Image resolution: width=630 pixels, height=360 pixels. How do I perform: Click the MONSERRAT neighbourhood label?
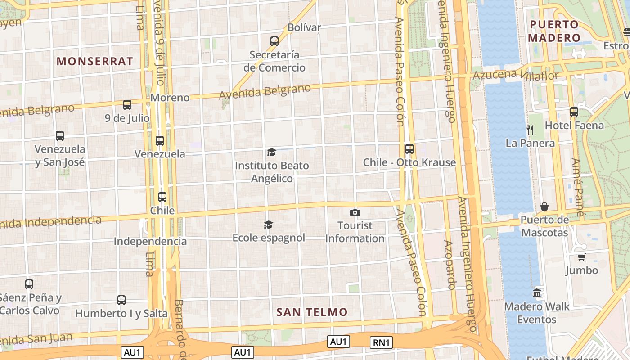click(x=95, y=61)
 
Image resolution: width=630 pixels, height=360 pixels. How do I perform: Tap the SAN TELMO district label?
click(x=312, y=312)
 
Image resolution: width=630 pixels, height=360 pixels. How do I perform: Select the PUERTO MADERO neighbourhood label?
click(x=554, y=31)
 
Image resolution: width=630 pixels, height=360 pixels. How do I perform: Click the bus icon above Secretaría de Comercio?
click(x=274, y=41)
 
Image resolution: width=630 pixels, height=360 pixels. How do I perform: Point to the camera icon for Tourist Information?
click(x=355, y=212)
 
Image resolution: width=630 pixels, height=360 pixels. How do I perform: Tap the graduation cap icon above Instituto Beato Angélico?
click(x=271, y=153)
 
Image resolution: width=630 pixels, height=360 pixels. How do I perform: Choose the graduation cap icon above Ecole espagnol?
click(x=268, y=225)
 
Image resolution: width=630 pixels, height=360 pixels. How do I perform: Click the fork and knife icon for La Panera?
click(x=530, y=130)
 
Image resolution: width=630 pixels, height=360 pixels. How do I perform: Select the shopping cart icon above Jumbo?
click(x=581, y=257)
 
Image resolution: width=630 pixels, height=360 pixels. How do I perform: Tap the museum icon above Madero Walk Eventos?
click(x=537, y=293)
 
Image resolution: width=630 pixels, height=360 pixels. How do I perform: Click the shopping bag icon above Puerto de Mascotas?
click(x=544, y=207)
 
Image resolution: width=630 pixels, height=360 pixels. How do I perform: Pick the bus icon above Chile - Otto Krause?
click(x=409, y=149)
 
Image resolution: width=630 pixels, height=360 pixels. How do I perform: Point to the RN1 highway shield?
click(x=381, y=342)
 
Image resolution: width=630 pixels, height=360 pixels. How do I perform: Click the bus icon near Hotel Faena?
click(x=574, y=112)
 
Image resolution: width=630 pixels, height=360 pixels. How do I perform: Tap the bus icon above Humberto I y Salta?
click(x=121, y=300)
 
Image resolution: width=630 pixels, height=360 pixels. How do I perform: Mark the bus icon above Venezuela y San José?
click(x=60, y=135)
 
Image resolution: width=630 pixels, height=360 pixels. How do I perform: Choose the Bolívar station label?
click(x=304, y=27)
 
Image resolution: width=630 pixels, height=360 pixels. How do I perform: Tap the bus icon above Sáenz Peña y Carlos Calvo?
click(x=29, y=284)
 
